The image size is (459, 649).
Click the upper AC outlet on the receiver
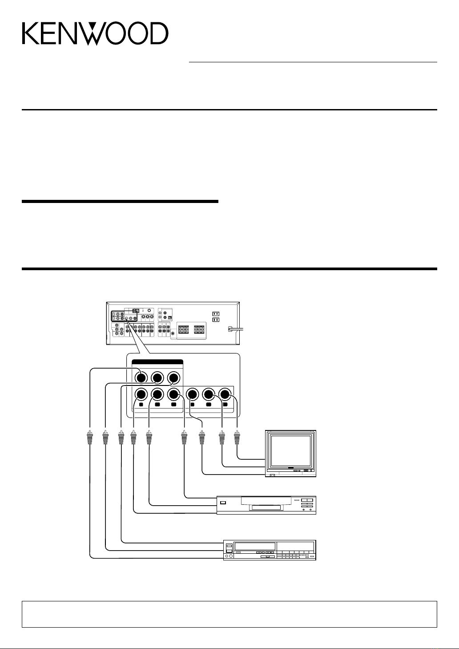coord(216,314)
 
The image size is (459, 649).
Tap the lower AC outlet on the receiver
coord(216,320)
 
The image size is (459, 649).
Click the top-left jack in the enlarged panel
coord(141,378)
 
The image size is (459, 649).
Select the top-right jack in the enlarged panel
coord(173,378)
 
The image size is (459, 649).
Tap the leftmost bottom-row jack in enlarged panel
coord(141,394)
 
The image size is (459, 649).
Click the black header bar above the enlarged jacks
coord(157,361)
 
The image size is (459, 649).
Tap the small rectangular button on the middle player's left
coord(223,503)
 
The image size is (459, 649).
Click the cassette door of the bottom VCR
coord(255,547)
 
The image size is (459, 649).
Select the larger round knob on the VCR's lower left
coord(231,556)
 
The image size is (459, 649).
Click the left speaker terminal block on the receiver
coord(184,329)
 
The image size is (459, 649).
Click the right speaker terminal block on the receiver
coord(200,329)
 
